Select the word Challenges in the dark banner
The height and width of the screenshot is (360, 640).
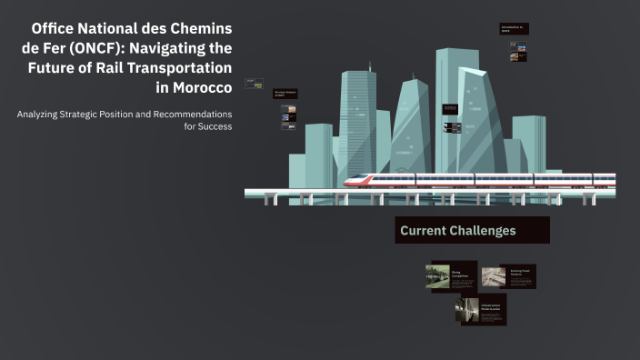click(x=482, y=231)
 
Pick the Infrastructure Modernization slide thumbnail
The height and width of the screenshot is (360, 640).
click(x=480, y=311)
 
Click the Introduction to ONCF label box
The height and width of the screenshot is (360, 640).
click(x=514, y=29)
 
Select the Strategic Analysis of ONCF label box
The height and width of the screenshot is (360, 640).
click(x=285, y=93)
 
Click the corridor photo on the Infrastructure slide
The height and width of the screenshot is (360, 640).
click(x=469, y=310)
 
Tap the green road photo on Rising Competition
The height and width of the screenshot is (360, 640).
click(x=438, y=276)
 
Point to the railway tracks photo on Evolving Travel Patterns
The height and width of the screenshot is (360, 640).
click(x=492, y=275)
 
